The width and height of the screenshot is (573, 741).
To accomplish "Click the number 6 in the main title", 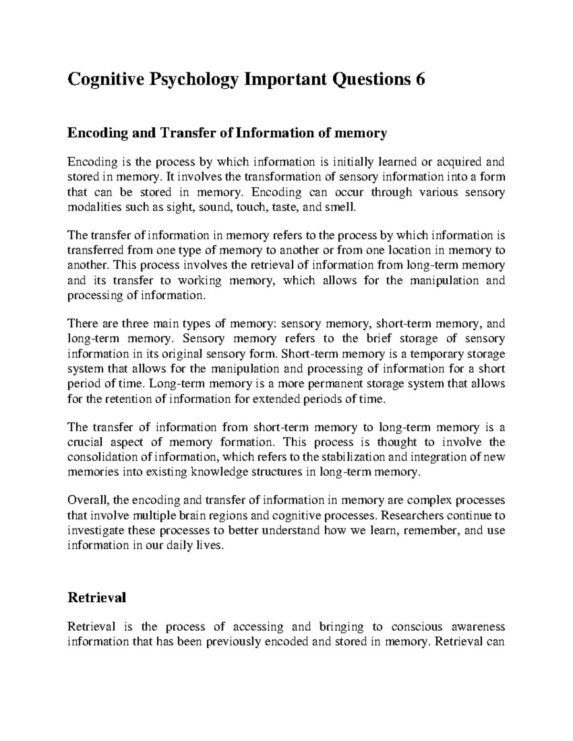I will (419, 80).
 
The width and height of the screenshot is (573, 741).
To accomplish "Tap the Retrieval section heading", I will (97, 597).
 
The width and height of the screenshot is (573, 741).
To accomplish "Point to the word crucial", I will (85, 442).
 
